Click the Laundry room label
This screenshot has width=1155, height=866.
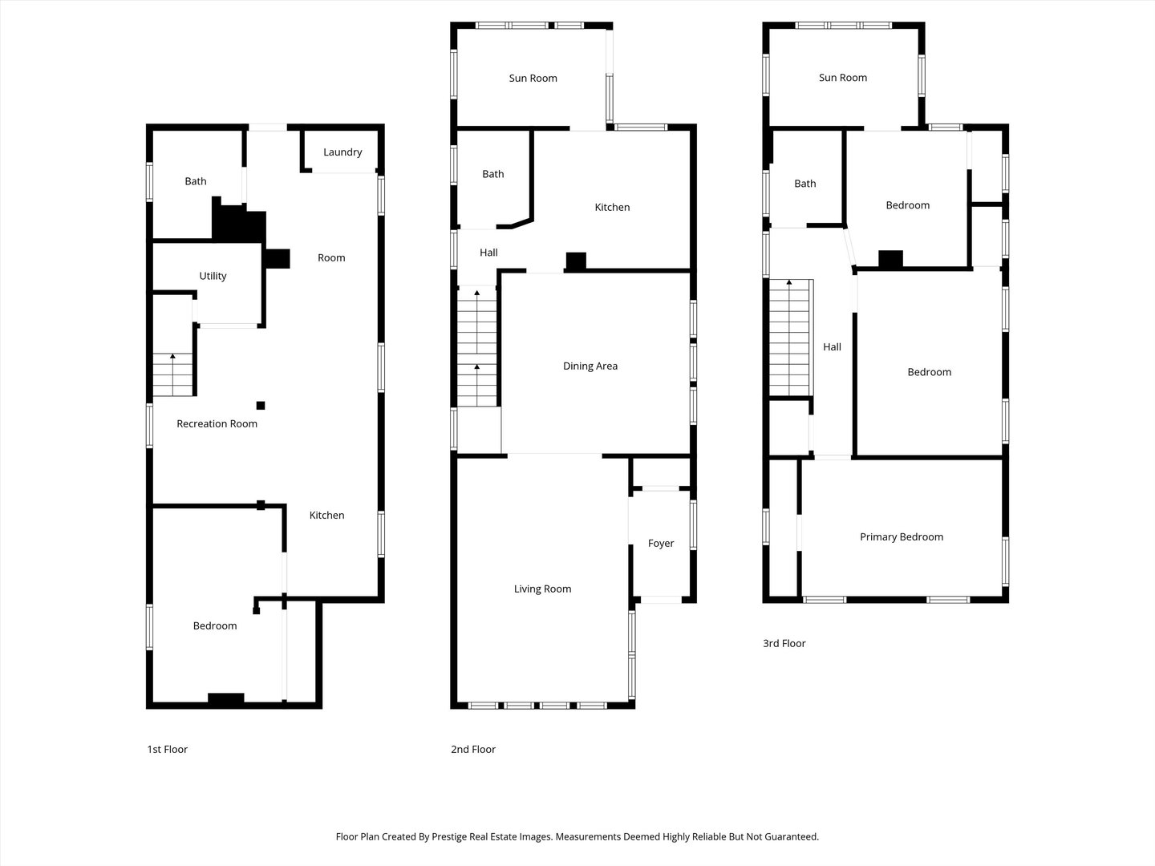pos(342,152)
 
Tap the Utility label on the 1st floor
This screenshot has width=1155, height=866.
pos(213,276)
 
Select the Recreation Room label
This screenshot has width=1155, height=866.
pos(217,424)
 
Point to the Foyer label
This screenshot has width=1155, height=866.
pos(661,544)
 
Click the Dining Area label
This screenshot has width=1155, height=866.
pos(590,366)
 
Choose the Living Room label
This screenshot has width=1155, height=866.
pos(542,589)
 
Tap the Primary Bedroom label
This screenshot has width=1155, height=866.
pos(902,537)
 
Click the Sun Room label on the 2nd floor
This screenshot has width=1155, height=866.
pos(533,79)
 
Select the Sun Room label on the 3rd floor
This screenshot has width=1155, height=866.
pos(843,78)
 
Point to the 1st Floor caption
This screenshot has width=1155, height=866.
pos(168,750)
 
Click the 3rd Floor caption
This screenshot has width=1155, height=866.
pos(784,644)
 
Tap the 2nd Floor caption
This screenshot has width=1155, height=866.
pos(473,750)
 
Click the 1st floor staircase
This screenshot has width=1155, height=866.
pos(172,375)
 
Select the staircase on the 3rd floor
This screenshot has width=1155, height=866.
pos(789,338)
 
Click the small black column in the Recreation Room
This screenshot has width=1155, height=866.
pos(261,406)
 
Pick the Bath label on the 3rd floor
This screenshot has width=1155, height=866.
pos(805,184)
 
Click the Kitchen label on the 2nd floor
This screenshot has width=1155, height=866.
pos(612,208)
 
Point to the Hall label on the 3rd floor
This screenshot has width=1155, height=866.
pos(832,347)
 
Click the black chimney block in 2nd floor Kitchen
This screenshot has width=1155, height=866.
pos(576,261)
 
